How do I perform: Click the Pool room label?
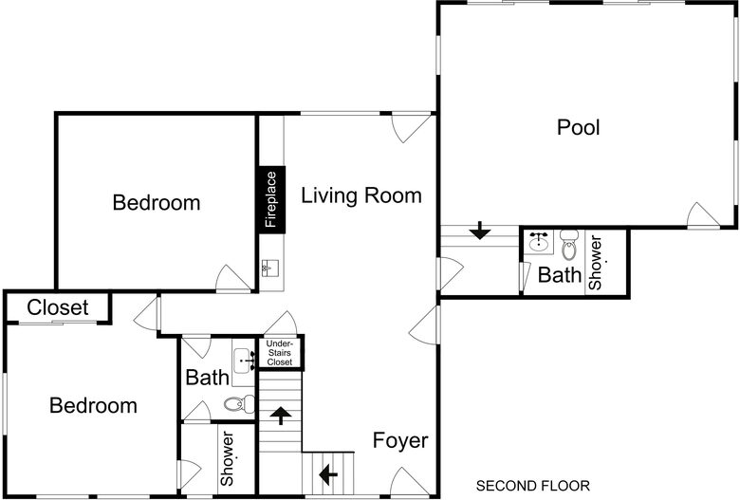pos(578,127)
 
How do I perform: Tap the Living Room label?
pos(361,196)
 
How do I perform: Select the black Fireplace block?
pos(270,199)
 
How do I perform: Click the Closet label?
pos(57,307)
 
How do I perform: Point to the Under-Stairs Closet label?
pos(279,352)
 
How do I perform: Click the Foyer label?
pos(399,441)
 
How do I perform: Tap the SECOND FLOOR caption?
pos(532,486)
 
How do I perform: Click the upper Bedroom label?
pos(156,202)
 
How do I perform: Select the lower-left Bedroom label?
pos(93,406)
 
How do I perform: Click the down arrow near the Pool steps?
pos(480,230)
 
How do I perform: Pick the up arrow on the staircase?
pos(281,415)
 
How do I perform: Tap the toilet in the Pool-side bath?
pos(569,246)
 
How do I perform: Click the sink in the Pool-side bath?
pos(539,241)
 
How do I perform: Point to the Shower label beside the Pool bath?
pos(596,263)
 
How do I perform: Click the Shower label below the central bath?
pos(228,459)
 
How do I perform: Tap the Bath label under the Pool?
pos(559,276)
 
